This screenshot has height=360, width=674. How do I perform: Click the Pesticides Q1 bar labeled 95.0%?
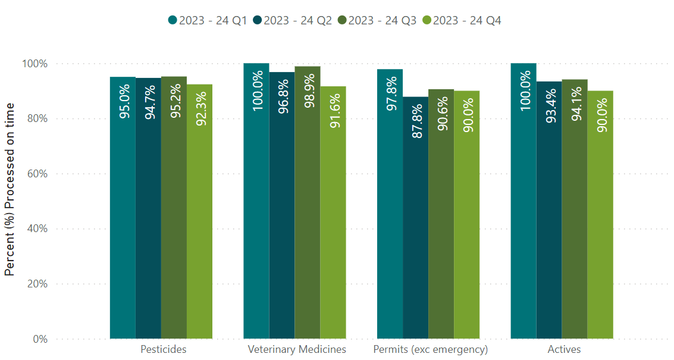123,208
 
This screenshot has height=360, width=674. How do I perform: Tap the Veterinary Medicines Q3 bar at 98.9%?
307,202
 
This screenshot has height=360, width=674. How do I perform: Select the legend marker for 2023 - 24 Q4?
427,20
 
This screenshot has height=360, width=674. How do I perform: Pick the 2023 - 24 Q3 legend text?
382,20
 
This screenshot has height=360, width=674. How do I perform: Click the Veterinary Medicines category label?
297,349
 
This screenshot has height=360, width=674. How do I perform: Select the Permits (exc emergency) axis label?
430,349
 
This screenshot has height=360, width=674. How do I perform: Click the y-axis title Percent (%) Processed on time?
10,189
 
